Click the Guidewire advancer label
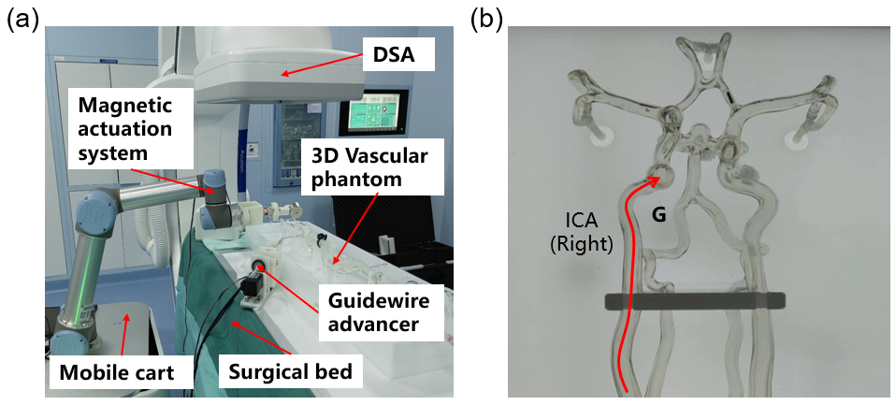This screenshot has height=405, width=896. [x=373, y=312]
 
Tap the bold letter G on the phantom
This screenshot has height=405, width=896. [x=658, y=214]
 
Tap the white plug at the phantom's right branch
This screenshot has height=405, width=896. [x=797, y=140]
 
